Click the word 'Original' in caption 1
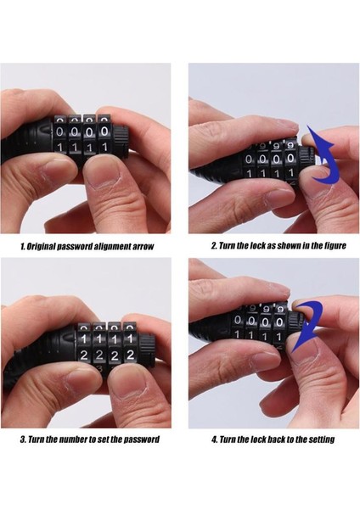(41, 246)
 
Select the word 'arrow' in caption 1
(143, 246)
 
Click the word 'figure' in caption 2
(335, 246)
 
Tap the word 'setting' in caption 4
(321, 439)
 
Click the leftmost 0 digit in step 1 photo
(60, 132)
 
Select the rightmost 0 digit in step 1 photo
(104, 131)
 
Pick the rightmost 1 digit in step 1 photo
(104, 148)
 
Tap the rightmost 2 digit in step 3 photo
(130, 355)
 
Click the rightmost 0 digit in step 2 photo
(290, 159)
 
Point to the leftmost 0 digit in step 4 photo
(238, 320)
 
